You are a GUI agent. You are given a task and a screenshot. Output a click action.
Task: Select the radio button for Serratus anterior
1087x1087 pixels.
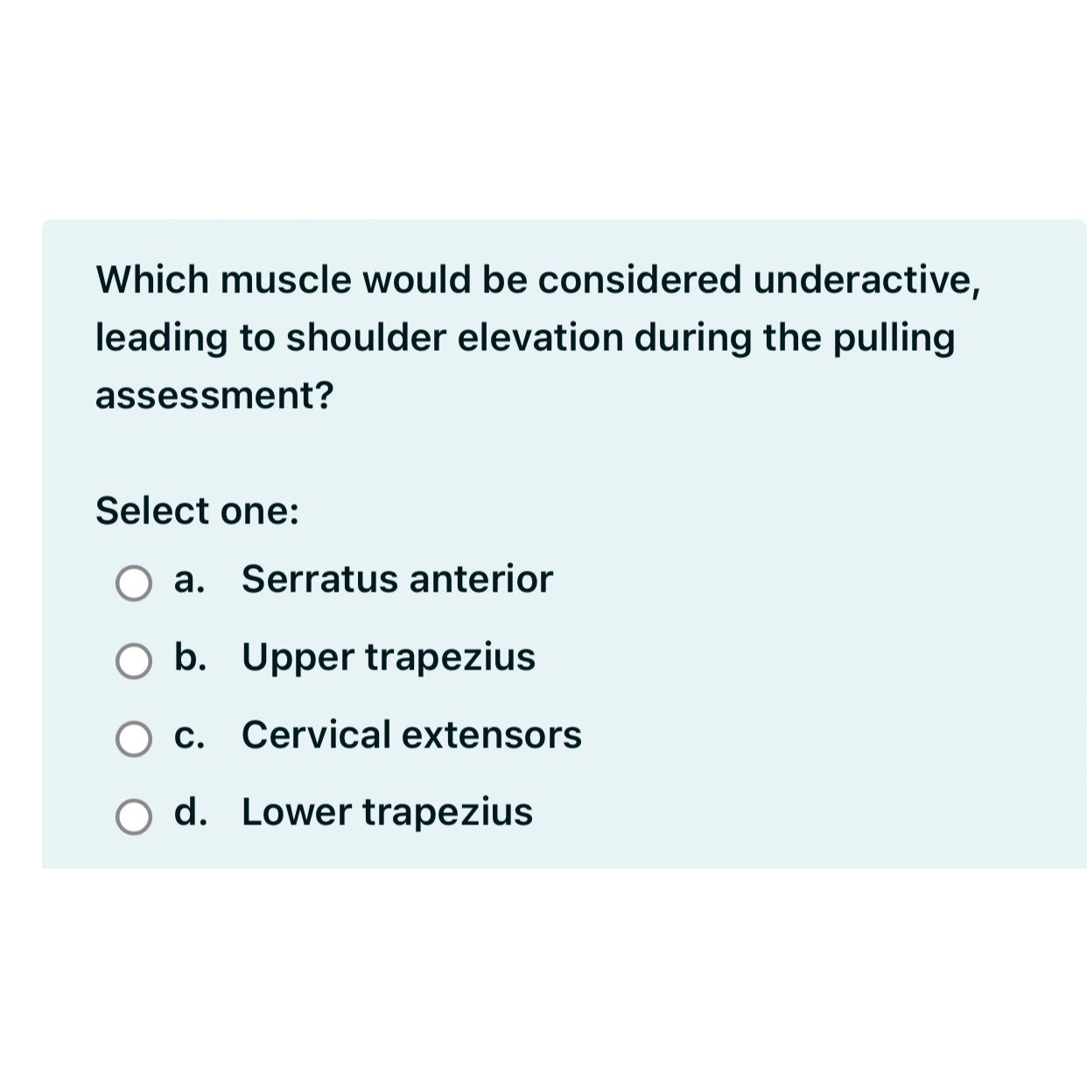134,583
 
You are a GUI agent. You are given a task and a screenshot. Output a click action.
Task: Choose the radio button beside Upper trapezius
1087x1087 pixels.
134,661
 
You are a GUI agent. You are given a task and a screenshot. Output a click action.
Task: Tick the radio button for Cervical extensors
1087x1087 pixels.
134,739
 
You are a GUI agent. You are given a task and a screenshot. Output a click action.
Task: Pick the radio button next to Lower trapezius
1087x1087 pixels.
134,817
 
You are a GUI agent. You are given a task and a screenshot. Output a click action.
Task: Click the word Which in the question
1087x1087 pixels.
152,280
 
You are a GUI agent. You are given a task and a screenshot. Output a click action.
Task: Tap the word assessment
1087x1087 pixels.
214,396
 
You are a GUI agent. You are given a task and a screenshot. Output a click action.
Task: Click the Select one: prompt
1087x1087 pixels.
197,511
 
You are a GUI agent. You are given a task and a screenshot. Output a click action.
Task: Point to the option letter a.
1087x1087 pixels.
189,579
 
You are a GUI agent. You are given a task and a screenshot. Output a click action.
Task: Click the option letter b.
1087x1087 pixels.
190,656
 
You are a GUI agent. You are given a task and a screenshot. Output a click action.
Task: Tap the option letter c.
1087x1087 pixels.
189,735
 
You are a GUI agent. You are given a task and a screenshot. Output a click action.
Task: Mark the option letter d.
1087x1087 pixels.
190,811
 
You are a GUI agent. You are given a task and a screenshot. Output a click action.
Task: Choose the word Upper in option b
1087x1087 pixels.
297,658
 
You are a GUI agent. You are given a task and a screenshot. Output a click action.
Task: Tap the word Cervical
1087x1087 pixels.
316,735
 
